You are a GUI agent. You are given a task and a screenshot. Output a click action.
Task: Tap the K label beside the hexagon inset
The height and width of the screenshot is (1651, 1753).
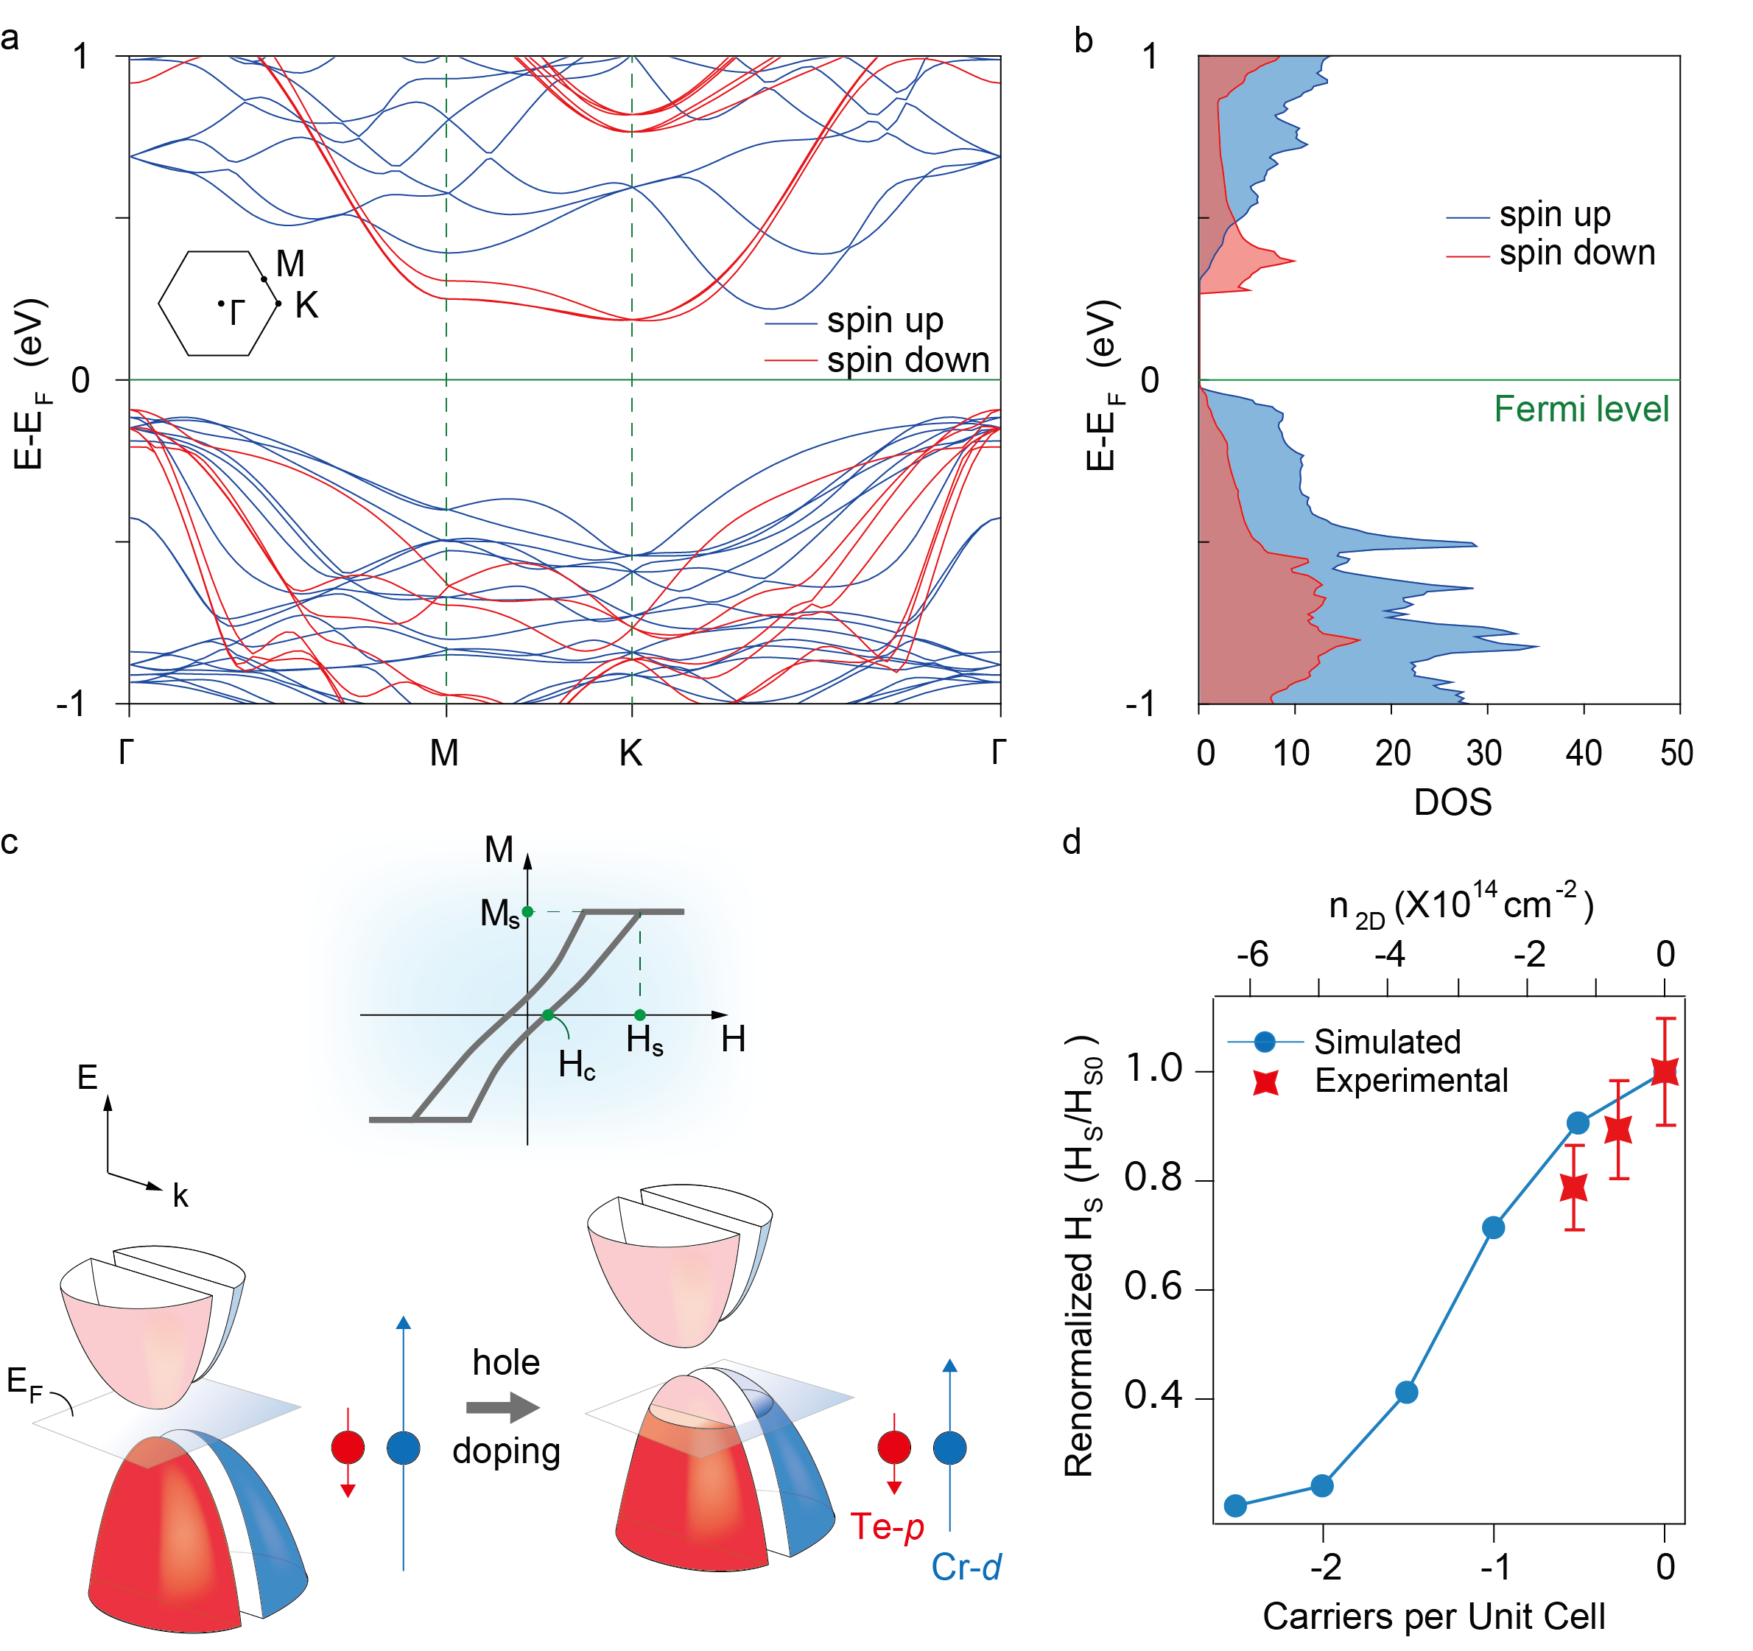pos(306,306)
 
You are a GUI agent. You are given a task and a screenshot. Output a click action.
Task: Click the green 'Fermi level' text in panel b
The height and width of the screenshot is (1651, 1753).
pos(1581,409)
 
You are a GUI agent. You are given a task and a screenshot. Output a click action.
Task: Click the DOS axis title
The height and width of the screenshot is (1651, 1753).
pos(1452,802)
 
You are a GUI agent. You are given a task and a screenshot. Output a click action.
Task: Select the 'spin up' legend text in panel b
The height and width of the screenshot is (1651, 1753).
pos(1555,214)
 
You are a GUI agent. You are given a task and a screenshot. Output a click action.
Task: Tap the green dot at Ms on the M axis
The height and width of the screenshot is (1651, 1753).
pos(527,911)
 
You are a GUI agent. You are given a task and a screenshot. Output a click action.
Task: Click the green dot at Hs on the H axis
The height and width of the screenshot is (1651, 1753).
pos(640,1015)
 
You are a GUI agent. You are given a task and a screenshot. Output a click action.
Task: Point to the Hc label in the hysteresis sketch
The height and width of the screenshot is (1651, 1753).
pos(577,1065)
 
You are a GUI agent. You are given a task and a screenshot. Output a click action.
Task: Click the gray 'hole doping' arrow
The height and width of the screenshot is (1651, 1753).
pos(502,1406)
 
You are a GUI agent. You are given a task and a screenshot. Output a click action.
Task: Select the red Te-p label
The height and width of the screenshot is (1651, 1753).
pos(886,1526)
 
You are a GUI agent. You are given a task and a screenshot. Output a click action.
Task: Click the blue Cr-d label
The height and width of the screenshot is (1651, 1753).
pos(966,1567)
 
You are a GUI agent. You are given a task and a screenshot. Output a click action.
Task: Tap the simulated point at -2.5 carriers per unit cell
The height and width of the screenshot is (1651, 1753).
pos(1235,1505)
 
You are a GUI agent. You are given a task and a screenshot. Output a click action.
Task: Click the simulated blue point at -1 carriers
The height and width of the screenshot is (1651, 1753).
pos(1494,1227)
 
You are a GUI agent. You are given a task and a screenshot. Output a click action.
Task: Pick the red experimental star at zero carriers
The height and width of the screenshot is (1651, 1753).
pos(1665,1071)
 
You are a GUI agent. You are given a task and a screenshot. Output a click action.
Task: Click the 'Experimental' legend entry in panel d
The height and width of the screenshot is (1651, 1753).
pos(1411,1080)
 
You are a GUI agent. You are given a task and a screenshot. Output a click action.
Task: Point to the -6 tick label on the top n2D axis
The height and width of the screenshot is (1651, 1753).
pos(1252,954)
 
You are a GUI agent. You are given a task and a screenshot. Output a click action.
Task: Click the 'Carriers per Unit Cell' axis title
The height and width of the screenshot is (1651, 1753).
pos(1434,1616)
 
